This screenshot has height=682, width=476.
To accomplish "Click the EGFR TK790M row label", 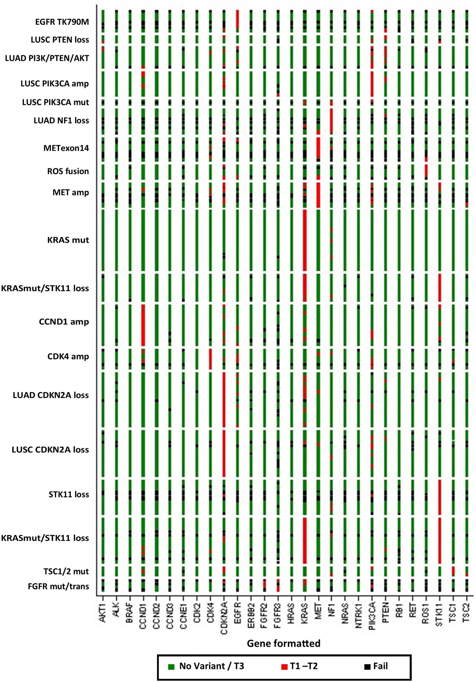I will click(62, 22).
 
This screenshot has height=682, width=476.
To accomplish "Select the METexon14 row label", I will click(66, 148).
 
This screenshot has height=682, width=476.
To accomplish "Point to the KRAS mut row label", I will click(68, 240).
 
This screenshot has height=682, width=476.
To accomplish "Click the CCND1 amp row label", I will click(64, 322).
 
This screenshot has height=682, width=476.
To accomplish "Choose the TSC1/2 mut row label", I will click(66, 571).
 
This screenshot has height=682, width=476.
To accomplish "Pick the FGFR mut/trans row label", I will click(58, 586).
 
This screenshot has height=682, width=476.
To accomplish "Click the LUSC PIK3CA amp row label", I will click(55, 84).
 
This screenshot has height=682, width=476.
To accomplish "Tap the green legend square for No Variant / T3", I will click(171, 667).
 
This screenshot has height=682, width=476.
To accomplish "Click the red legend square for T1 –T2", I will click(284, 667).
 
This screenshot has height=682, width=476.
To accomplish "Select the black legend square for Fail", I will click(367, 667).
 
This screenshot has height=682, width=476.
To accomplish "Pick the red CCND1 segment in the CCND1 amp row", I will click(143, 325).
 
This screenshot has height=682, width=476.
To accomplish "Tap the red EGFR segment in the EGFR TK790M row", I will click(237, 19).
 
